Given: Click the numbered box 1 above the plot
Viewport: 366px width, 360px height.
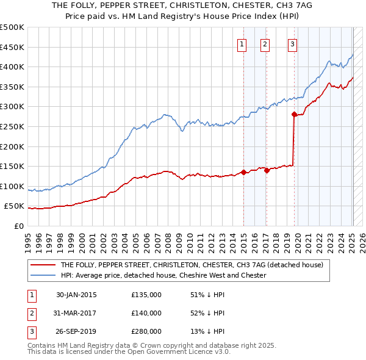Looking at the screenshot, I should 242,44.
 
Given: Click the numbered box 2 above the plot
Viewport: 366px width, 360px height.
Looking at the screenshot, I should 265,44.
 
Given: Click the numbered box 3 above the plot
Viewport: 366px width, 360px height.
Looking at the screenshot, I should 293,44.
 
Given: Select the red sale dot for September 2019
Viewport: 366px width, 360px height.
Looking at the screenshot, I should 294,114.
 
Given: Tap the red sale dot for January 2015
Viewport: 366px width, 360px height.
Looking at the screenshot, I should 243,172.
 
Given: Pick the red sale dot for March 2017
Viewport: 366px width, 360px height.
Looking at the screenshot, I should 267,170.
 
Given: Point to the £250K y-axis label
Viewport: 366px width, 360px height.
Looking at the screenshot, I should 12,126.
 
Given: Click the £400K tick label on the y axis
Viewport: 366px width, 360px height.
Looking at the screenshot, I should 12,67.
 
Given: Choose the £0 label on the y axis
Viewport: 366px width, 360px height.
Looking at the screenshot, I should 19,226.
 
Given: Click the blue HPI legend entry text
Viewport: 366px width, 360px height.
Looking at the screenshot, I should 163,275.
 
